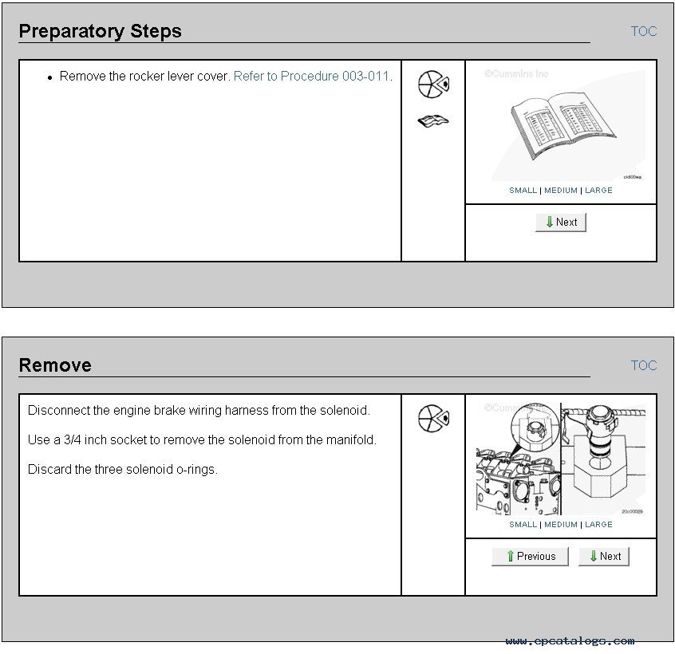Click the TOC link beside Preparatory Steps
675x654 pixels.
[644, 31]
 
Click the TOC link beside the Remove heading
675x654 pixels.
[644, 365]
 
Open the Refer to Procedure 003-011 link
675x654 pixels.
[311, 76]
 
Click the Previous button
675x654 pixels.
[530, 557]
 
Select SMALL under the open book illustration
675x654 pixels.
[523, 190]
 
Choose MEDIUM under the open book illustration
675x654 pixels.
[561, 190]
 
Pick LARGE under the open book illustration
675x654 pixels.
[598, 190]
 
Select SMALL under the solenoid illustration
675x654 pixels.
[523, 525]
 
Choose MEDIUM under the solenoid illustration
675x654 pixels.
[561, 525]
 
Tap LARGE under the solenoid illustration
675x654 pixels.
[598, 525]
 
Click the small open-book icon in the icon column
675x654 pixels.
[433, 121]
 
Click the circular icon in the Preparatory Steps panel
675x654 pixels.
[433, 85]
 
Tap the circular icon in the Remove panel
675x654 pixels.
[433, 418]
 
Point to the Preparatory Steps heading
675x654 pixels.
[101, 31]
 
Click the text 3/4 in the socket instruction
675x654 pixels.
[73, 439]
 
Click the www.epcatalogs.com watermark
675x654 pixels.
[570, 641]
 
